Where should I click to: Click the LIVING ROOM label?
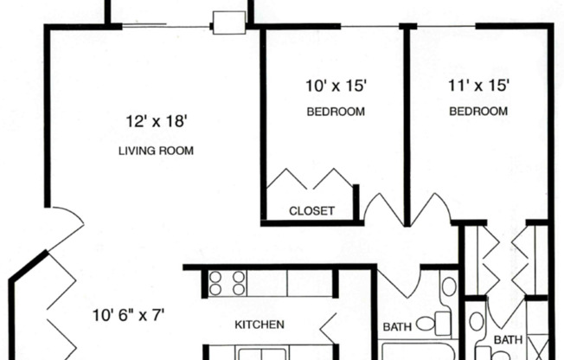(x=156, y=151)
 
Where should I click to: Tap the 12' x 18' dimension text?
(x=156, y=122)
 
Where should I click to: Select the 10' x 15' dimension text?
(x=336, y=85)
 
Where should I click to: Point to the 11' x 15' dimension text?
(x=477, y=85)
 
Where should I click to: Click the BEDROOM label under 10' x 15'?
(x=336, y=112)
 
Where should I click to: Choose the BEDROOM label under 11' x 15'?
(x=477, y=112)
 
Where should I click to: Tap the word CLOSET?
(x=311, y=210)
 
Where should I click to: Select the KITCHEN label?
(x=260, y=325)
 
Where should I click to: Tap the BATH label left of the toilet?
(x=398, y=327)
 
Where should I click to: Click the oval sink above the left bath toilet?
(x=448, y=286)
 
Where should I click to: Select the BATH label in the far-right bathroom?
(x=510, y=340)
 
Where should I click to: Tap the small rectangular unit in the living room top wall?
(x=229, y=22)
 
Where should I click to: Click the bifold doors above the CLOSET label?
(x=309, y=180)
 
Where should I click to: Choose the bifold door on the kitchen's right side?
(x=329, y=326)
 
